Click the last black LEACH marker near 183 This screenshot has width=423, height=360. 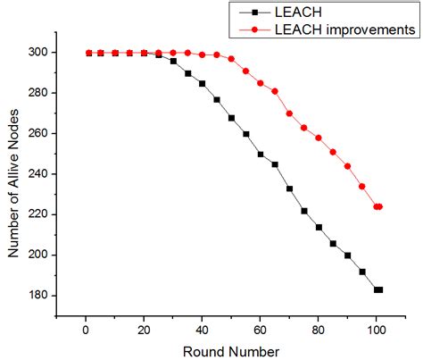pyautogui.click(x=379, y=289)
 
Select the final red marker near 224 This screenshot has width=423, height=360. pyautogui.click(x=379, y=206)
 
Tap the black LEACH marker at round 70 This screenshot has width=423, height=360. pyautogui.click(x=289, y=188)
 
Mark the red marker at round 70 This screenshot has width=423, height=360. pyautogui.click(x=289, y=113)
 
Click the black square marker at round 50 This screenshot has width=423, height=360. pyautogui.click(x=231, y=118)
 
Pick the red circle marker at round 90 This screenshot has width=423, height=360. pyautogui.click(x=347, y=166)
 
